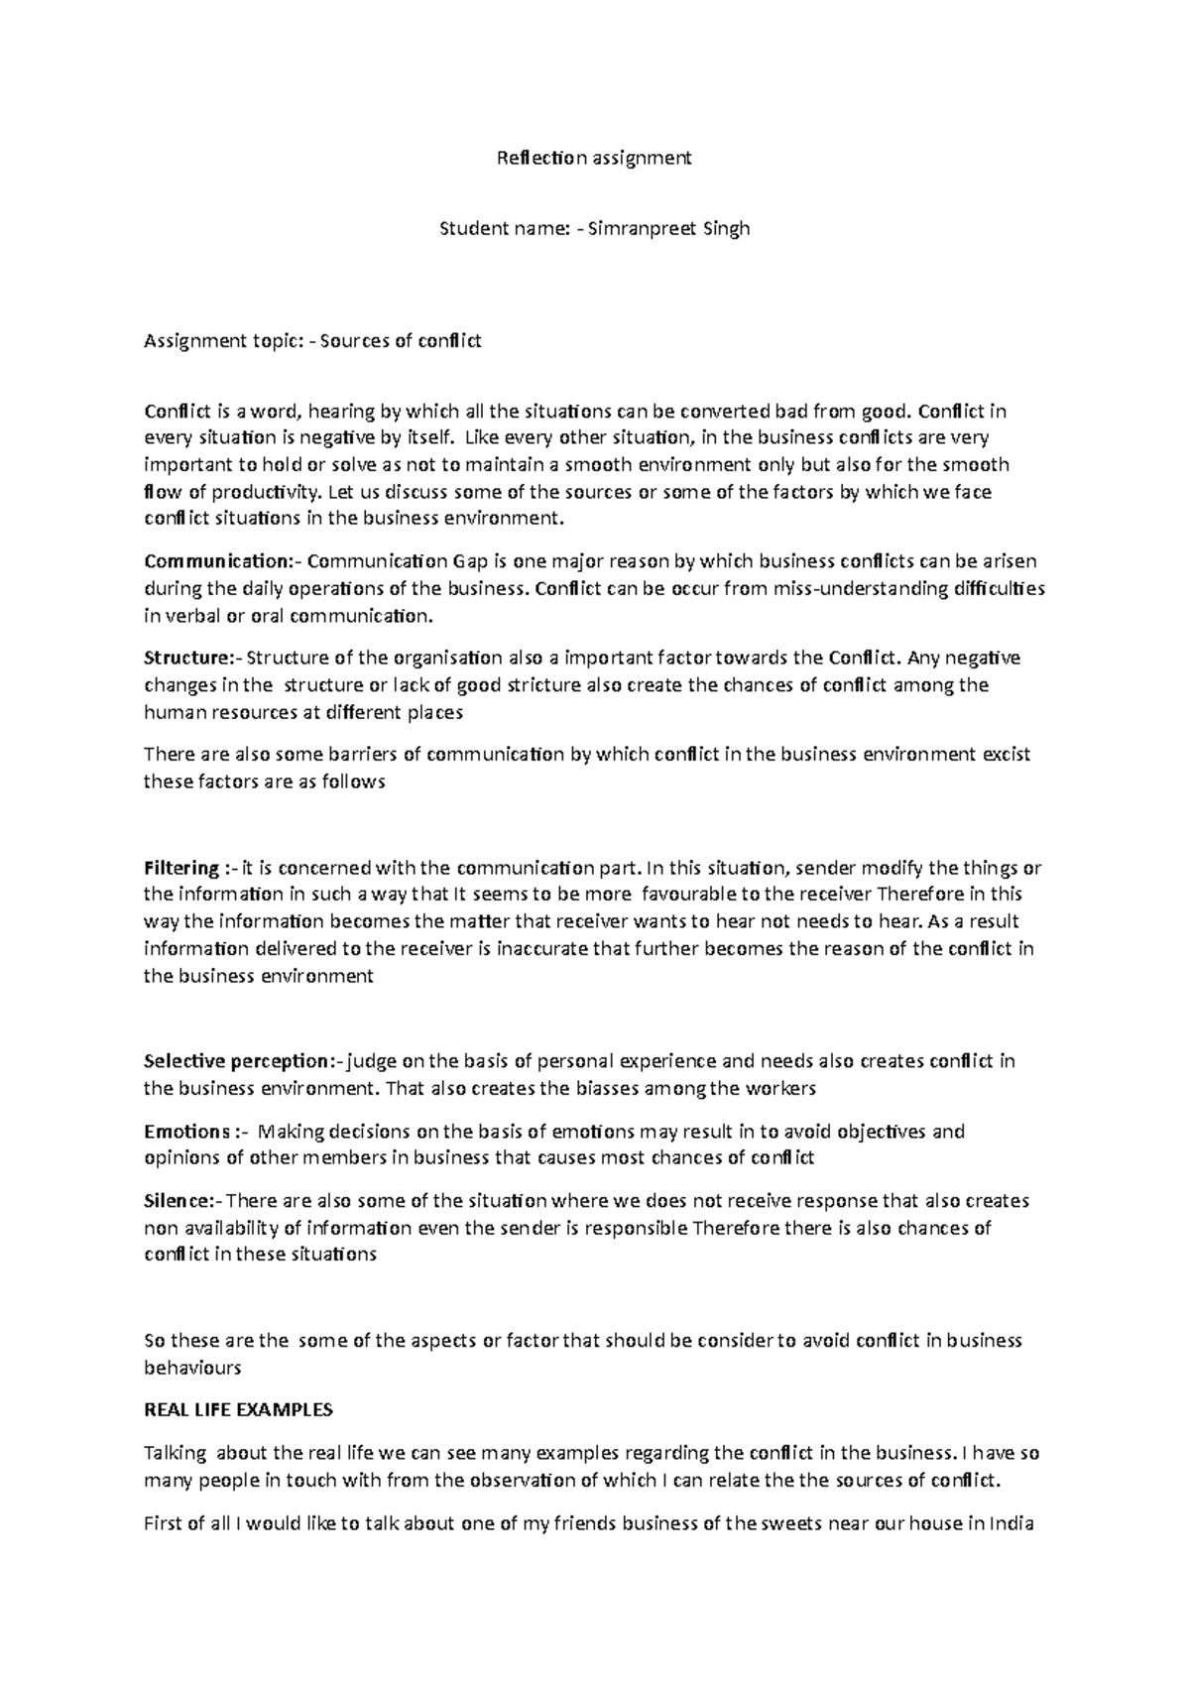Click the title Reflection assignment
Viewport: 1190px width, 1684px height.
(x=594, y=158)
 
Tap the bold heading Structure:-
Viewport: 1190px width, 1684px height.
(x=191, y=659)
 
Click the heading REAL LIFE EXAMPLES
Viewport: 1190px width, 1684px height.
(x=239, y=1410)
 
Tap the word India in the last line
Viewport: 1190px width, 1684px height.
(x=1011, y=1523)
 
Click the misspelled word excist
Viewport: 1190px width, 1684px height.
(x=1007, y=755)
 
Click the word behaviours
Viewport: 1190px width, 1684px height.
(x=192, y=1369)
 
